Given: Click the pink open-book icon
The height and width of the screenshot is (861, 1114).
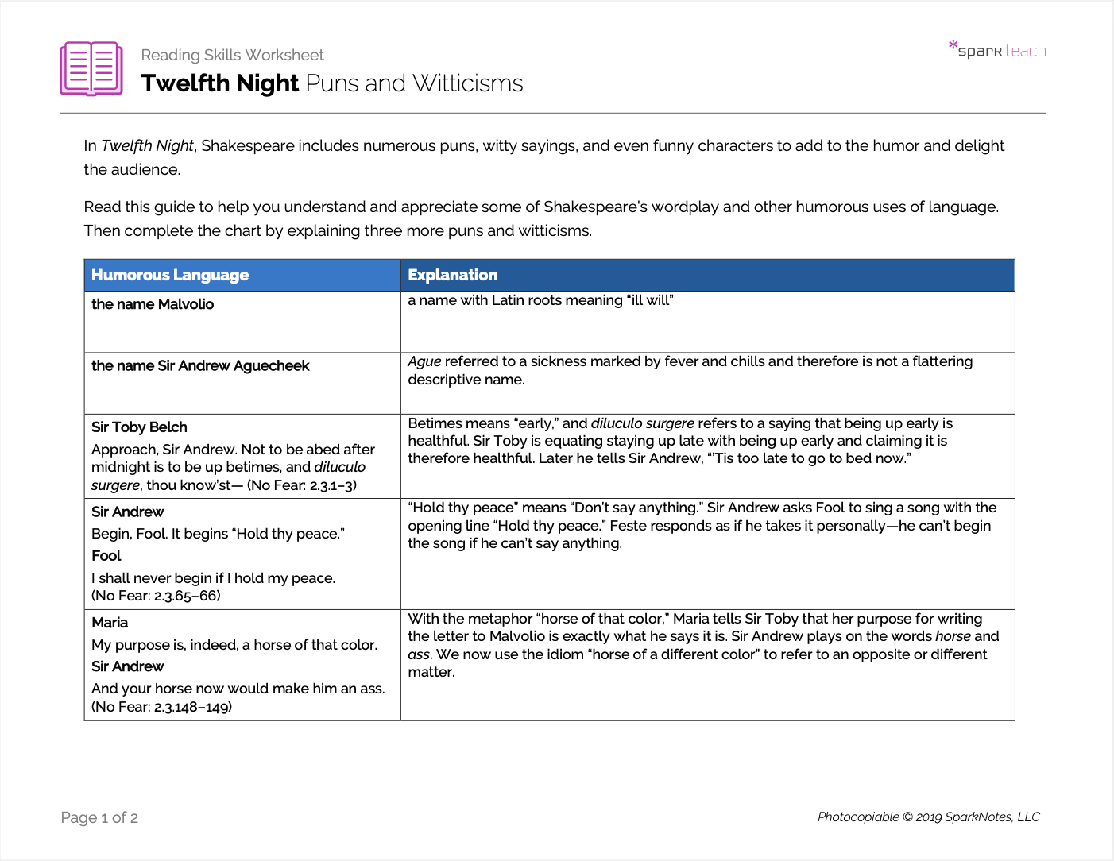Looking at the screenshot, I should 91,68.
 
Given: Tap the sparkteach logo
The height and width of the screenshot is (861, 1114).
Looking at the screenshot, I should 998,50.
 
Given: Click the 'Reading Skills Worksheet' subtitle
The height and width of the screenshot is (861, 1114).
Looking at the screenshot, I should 232,55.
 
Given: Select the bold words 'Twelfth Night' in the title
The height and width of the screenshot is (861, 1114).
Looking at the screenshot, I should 220,83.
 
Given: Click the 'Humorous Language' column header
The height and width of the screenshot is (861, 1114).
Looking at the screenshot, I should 170,275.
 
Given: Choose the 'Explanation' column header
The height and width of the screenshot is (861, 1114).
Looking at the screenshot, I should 452,275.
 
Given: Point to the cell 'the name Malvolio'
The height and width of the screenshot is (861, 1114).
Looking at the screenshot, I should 153,304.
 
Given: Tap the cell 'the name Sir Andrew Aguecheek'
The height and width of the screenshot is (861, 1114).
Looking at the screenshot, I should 200,365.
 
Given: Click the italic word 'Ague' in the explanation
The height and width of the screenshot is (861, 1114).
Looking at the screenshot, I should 424,361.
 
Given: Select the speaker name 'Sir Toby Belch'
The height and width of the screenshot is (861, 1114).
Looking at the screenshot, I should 139,427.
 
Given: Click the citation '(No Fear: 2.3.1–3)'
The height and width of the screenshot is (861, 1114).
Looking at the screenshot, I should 302,485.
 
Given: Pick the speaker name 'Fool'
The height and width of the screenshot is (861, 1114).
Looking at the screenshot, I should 106,556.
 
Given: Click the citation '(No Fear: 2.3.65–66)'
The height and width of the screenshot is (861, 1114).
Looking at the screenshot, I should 156,596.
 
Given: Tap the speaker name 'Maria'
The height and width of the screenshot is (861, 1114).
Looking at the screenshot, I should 110,623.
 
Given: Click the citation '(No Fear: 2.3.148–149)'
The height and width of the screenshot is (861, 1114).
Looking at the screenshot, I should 161,707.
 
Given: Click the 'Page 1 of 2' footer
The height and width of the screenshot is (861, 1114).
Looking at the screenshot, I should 99,817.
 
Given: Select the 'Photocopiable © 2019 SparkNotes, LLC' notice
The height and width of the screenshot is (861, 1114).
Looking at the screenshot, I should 928,817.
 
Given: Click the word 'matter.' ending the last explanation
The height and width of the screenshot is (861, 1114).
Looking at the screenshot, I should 431,672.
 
